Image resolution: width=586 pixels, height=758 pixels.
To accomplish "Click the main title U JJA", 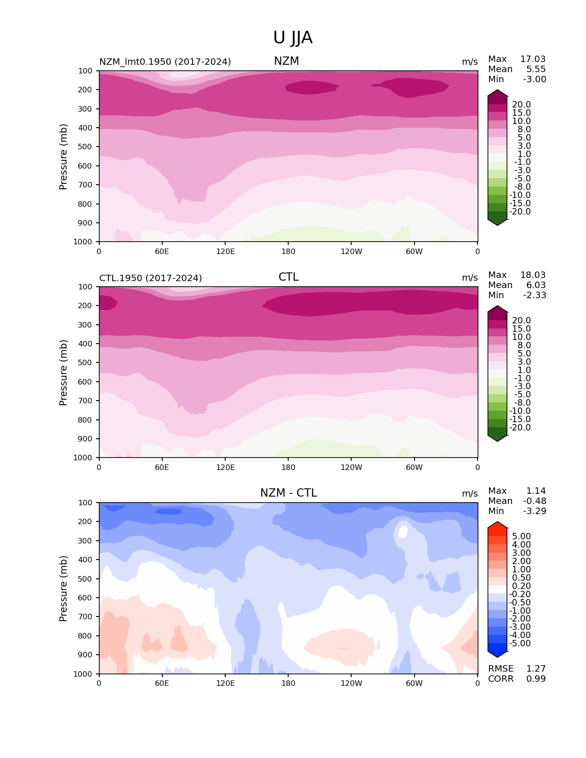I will point(293,38).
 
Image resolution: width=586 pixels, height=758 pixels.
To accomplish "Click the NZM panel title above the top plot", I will point(286,61).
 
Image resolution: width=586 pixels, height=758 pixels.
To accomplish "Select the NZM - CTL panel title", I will point(288,493).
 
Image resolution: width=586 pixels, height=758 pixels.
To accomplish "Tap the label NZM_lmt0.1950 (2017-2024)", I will point(165,62).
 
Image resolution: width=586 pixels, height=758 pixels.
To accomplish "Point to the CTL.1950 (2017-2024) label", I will point(150,278).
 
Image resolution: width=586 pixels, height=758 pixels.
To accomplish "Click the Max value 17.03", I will point(533,59).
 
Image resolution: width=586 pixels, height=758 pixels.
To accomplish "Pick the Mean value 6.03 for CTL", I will point(535,285).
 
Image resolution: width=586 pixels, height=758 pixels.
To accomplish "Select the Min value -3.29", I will point(535,511).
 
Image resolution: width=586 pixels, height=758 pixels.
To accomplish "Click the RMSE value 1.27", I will point(536,669).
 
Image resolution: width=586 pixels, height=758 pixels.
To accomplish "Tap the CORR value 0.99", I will point(536,679).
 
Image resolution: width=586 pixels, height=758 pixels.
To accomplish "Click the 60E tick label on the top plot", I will point(162,251).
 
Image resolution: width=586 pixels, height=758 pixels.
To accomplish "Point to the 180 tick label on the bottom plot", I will point(288,684).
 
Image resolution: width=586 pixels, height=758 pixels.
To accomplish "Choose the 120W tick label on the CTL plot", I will point(351,468).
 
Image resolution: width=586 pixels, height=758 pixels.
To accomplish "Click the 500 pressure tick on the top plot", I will point(85,147).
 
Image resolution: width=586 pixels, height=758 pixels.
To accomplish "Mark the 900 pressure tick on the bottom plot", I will point(85,655).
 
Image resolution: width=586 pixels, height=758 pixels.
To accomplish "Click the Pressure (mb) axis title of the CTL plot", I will point(63,373).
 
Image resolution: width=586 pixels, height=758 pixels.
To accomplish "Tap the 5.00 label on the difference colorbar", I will point(521,537).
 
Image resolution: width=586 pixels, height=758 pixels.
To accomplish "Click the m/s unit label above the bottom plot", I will point(469,494).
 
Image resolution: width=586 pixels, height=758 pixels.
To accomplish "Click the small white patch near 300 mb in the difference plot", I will point(403,532).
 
